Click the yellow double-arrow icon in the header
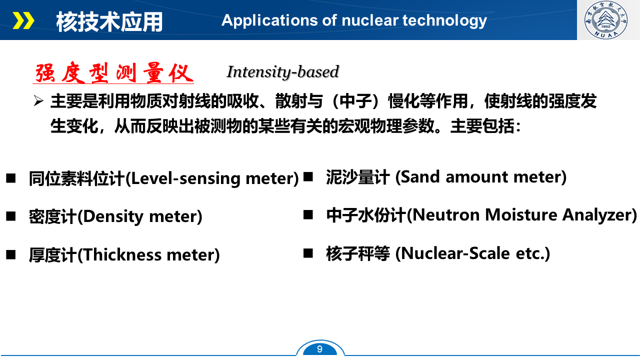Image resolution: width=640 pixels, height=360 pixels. point(23,20)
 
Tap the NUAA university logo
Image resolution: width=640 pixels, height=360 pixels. point(605,19)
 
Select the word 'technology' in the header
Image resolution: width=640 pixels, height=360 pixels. point(444,21)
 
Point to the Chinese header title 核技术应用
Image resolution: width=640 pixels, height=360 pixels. point(109,21)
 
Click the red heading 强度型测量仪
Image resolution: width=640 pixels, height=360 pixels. point(113,72)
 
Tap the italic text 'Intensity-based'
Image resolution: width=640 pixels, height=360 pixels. point(282,72)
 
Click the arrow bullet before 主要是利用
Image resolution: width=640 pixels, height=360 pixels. point(38,101)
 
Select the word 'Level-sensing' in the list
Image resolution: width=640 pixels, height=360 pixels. point(185,179)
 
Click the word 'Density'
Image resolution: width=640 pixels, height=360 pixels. point(113,217)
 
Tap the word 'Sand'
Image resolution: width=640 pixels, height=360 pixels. point(420,177)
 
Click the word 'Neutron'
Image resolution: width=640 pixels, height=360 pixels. point(445,215)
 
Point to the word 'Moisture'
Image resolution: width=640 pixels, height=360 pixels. point(521,215)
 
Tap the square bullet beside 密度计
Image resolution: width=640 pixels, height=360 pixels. point(11,216)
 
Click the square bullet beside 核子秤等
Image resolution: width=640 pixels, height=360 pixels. point(308,253)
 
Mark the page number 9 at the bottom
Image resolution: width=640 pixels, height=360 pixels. point(319,349)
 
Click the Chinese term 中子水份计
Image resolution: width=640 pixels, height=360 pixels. point(366,215)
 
